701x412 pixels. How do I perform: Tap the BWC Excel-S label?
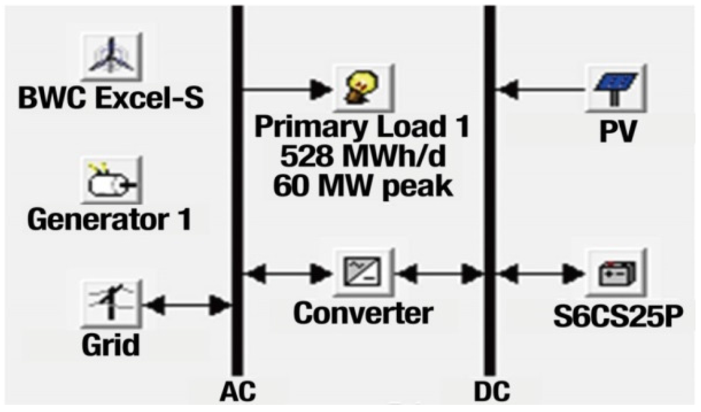[111, 98]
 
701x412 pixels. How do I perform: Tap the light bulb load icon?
[363, 88]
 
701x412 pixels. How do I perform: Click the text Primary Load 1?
[362, 126]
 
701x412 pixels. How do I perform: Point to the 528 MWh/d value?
[362, 156]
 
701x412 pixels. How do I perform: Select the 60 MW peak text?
[363, 186]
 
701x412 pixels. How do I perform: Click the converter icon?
[364, 272]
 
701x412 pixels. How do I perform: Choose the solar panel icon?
[616, 88]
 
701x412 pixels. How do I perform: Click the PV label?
[618, 131]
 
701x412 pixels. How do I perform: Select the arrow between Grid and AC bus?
[187, 305]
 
